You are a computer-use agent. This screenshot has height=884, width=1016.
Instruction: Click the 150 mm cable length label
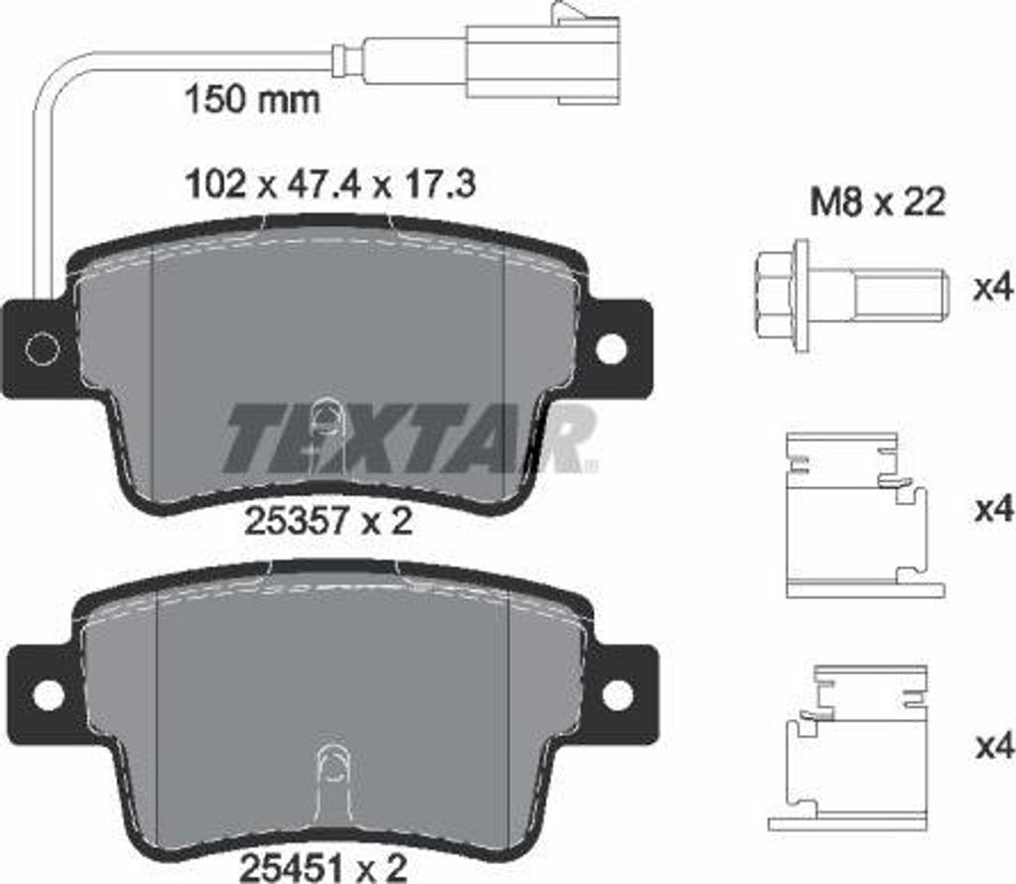coord(253,99)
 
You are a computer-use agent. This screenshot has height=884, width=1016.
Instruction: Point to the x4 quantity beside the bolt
coord(991,289)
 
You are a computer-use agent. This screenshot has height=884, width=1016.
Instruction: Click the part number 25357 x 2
coord(327,520)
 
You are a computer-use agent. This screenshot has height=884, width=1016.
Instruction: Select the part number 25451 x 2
coord(323,869)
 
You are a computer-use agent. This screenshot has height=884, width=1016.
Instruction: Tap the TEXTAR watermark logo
coord(407,438)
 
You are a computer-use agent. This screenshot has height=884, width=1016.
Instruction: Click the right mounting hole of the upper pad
coord(611,347)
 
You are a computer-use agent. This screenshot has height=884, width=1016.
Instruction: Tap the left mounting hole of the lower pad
coord(48,695)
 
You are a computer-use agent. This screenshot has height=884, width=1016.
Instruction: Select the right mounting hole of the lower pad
coord(617,695)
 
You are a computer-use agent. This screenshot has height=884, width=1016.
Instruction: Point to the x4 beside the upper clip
coord(991,510)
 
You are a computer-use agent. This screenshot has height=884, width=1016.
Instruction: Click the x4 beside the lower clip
coord(991,744)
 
